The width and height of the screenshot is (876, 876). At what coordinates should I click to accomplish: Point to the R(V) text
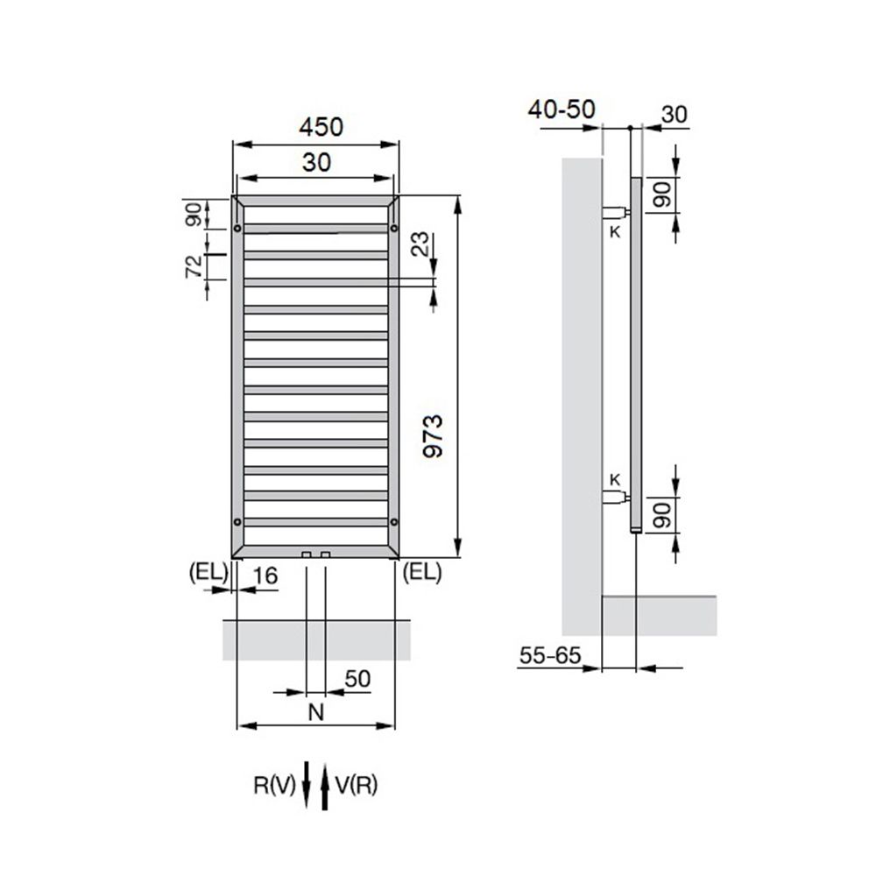click(x=275, y=785)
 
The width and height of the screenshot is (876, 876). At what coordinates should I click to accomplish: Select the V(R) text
click(x=356, y=785)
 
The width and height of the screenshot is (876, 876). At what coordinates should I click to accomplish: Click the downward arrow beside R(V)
click(x=307, y=785)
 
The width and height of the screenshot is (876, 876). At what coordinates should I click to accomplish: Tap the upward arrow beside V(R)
click(x=325, y=785)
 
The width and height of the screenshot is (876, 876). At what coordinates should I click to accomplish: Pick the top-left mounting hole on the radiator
click(x=238, y=230)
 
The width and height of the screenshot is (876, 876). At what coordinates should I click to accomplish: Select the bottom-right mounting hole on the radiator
click(x=393, y=523)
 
